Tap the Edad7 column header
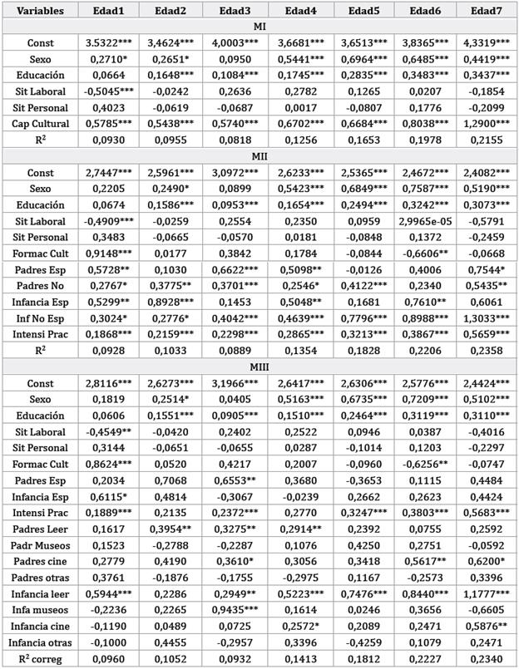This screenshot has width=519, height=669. click(x=487, y=11)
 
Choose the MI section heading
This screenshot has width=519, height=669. click(x=259, y=27)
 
